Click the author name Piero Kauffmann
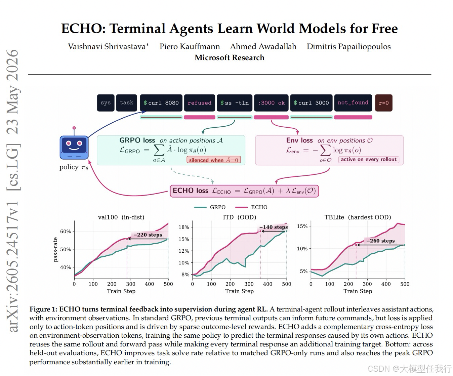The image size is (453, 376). (x=190, y=46)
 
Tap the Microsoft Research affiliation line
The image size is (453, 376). (x=229, y=58)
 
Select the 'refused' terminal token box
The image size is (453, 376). (x=199, y=103)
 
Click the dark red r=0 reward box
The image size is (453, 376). (x=383, y=103)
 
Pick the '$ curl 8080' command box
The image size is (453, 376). (x=161, y=103)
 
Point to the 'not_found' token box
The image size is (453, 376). (x=353, y=103)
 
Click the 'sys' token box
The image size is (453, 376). (x=106, y=103)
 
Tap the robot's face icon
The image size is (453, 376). (x=74, y=145)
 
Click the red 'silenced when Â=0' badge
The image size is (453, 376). (x=213, y=160)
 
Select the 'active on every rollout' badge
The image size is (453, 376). (x=369, y=160)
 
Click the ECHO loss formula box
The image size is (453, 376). (x=244, y=191)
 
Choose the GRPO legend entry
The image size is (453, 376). (x=210, y=207)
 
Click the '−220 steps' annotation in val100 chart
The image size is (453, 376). (x=148, y=235)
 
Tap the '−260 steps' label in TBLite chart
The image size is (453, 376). (x=380, y=241)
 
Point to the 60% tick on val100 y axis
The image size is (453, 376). (x=66, y=232)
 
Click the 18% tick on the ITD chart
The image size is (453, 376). (x=184, y=227)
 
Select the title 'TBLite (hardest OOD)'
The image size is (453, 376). (x=358, y=217)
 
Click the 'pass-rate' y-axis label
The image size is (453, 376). (x=55, y=250)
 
